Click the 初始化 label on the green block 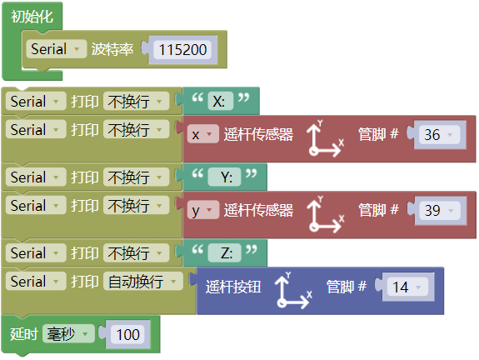(x=32, y=17)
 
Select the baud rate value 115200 (x=182, y=50)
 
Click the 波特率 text (x=112, y=49)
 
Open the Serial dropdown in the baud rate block (x=56, y=49)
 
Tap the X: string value (x=218, y=101)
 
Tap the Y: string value (x=227, y=177)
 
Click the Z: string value (x=227, y=253)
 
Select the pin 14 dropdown (x=407, y=287)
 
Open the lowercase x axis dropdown (x=202, y=134)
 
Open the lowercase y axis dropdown (x=202, y=210)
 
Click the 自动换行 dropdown (x=142, y=281)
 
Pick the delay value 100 (x=128, y=334)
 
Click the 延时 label (x=24, y=334)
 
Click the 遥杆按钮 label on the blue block (x=233, y=287)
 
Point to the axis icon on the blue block (x=293, y=290)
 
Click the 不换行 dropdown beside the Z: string (x=137, y=253)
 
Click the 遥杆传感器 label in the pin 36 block (x=258, y=135)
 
